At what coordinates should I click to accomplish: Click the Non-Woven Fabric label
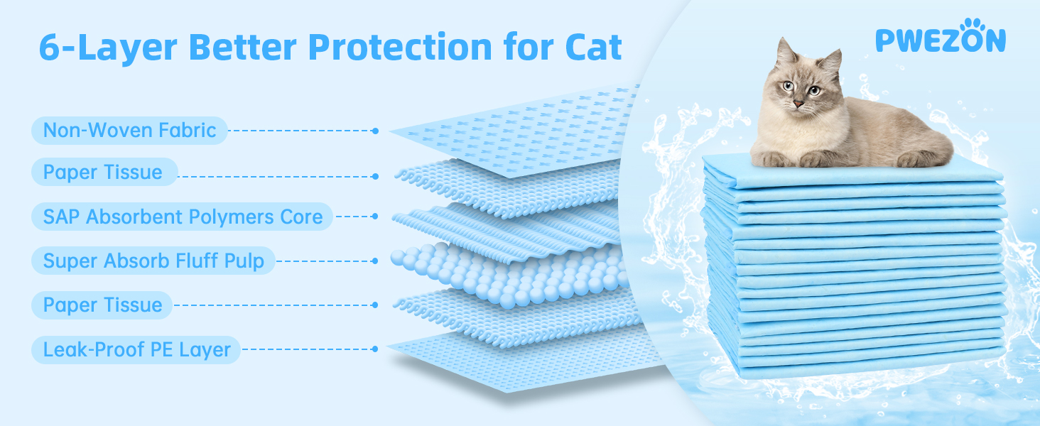point(129,131)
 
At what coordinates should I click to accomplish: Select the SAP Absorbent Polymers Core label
point(183,217)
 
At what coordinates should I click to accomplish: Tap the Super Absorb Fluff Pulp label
point(153,261)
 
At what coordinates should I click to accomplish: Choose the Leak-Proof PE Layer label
point(136,349)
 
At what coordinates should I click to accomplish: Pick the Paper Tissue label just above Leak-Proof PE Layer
point(102,305)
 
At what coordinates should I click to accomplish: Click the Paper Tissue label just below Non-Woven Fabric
point(104,172)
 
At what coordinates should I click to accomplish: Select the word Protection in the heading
point(400,48)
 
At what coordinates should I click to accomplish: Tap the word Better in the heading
point(243,48)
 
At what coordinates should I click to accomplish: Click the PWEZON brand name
point(941,40)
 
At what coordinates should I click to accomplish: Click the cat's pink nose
point(798,104)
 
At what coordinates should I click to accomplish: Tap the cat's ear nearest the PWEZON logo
point(831,65)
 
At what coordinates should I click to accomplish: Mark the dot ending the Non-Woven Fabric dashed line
point(376,131)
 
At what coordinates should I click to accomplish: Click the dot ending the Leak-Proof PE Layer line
point(375,349)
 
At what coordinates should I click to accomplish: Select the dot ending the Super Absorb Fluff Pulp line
point(375,261)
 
